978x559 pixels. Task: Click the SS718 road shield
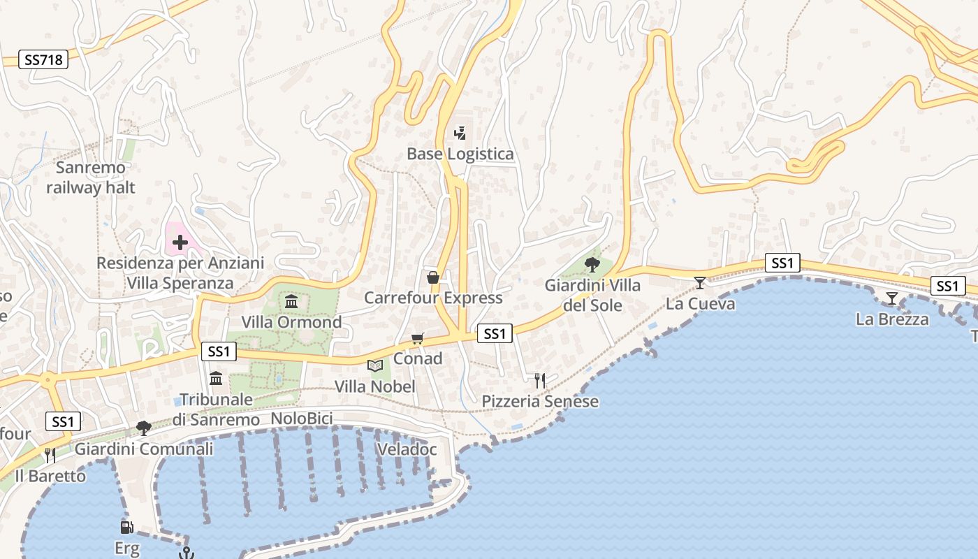tap(43, 59)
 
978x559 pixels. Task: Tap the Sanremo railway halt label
tap(91, 177)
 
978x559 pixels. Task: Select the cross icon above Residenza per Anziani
tap(180, 242)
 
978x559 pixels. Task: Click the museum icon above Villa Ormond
tap(291, 302)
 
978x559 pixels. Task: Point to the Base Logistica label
tap(460, 154)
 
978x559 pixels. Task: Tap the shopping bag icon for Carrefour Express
tap(433, 277)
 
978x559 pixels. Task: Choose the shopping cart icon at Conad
tap(417, 339)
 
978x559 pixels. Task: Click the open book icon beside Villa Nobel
tap(375, 365)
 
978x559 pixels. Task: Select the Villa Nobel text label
tap(375, 386)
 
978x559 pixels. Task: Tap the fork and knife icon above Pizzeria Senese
tap(539, 381)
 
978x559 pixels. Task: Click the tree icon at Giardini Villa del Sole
tap(592, 264)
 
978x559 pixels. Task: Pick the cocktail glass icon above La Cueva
tap(700, 283)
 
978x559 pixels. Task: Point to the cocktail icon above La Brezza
tap(891, 299)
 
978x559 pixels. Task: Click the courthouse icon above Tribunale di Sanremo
tap(216, 379)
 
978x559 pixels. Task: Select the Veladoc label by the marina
tap(407, 449)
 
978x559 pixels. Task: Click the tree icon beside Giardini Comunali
tap(144, 428)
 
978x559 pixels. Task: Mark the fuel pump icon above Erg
tap(126, 528)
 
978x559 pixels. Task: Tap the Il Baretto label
tap(50, 477)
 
